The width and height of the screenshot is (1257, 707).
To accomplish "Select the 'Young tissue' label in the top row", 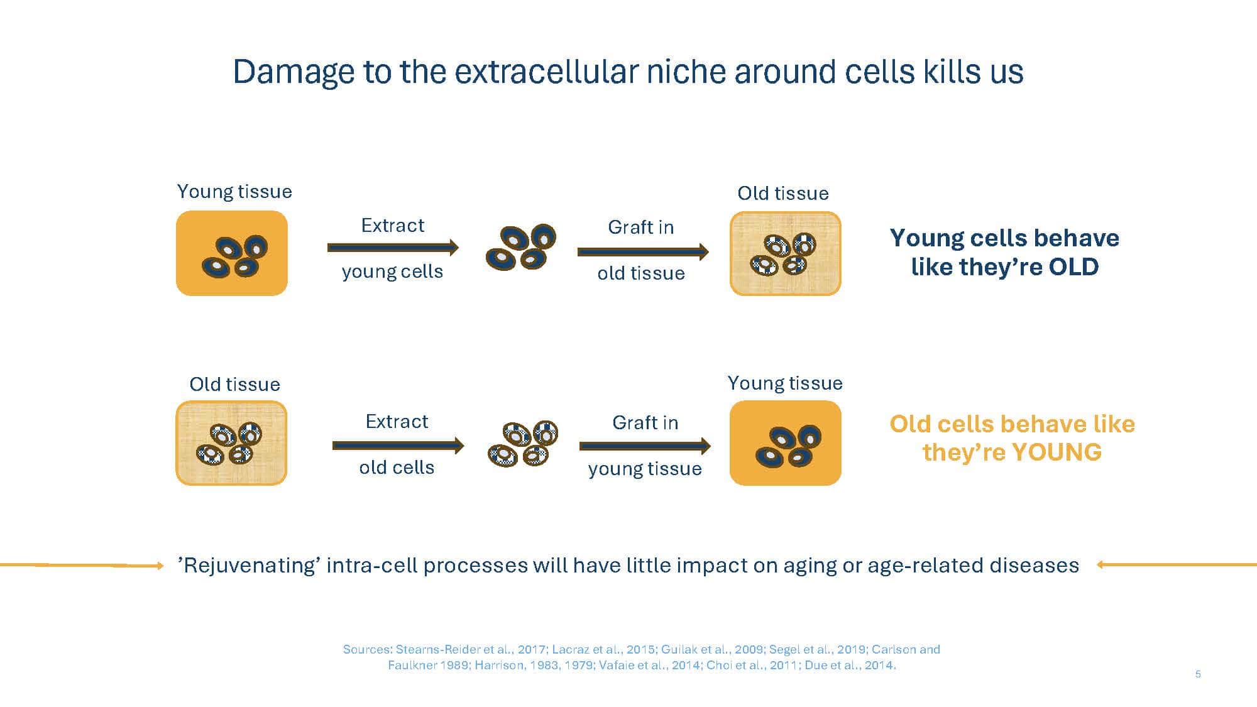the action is coord(234,191).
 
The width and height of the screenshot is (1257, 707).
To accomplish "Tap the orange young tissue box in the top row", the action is coord(232,253).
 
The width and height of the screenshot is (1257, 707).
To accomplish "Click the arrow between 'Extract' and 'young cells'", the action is coord(393,248).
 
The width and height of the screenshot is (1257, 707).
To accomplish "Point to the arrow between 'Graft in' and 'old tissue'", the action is coord(643,252).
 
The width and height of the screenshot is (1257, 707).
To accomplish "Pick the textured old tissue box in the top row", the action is coord(785,253).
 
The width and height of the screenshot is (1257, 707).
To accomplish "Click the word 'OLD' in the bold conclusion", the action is coord(1073,266).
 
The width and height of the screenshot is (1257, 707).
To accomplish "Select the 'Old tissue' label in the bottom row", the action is coord(234,384).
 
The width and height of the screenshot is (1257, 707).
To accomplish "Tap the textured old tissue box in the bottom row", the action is coord(231,443).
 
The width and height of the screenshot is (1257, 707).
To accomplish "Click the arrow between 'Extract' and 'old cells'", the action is coord(398,446).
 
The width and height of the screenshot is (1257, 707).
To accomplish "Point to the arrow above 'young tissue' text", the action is coord(645,446).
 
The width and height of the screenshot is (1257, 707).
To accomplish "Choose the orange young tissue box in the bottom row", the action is coord(785,443).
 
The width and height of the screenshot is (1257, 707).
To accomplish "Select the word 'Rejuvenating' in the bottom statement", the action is coord(250,566).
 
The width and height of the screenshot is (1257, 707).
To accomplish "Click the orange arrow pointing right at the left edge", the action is coord(82,566).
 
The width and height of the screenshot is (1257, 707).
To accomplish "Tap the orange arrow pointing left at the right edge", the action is coord(1177,565).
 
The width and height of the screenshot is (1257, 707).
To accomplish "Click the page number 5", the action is coord(1198,674).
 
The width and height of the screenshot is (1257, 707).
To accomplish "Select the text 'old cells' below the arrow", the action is coord(397,468).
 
